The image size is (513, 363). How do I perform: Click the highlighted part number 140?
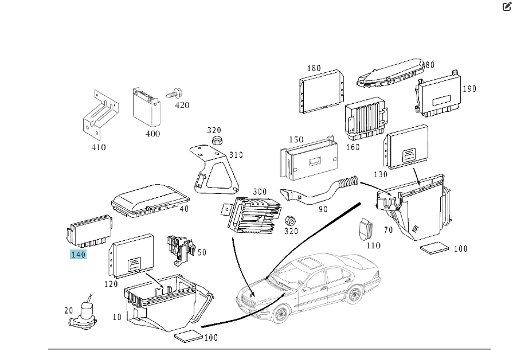pos(78,255)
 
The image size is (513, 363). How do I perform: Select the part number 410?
pos(99,147)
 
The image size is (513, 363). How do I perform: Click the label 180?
pos(314,68)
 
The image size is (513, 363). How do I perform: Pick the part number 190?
pos(469,89)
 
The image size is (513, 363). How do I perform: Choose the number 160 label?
pos(353,147)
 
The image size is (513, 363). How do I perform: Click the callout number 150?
pos(296,140)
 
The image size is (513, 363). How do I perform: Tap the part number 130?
pos(379,174)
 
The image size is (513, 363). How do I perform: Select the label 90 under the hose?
pos(323,209)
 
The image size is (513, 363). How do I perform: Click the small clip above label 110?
pos(366,227)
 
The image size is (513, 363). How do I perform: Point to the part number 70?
pos(388,231)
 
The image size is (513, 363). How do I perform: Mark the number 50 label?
pos(201,252)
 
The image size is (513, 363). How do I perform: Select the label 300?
pos(260,192)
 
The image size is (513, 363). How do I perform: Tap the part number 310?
pos(236,155)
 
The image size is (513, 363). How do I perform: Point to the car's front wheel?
pos(280,314)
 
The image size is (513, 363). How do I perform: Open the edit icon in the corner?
pos(506,7)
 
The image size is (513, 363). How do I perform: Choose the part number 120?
pos(111,284)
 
